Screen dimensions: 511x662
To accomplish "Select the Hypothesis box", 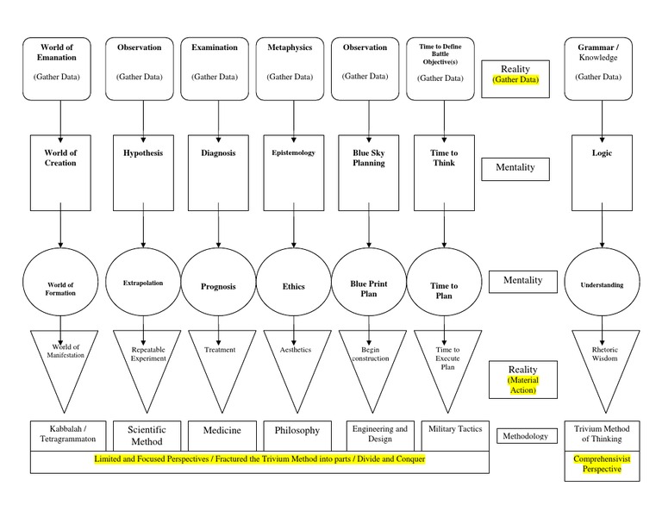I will coord(143,172).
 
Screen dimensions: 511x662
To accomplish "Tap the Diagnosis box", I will coord(218,172).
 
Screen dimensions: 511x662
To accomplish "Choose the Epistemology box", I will coord(294,172).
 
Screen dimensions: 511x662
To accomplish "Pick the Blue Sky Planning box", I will coord(369,172).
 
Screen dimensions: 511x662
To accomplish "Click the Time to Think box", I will coord(444,172).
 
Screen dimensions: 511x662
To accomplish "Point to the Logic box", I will coord(602,172).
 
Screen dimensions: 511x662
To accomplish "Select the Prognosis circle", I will coord(218,285).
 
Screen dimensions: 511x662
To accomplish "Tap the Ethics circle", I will coord(294,285).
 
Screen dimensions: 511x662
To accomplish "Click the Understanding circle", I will coord(602,284).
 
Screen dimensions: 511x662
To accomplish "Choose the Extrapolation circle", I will coord(143,282).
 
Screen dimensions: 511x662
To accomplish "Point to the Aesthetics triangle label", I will coord(295,350).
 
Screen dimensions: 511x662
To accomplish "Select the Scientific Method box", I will coord(147,435).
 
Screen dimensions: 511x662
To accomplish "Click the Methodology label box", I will coord(526,436).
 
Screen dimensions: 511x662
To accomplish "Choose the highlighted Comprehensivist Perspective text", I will coord(602,464).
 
